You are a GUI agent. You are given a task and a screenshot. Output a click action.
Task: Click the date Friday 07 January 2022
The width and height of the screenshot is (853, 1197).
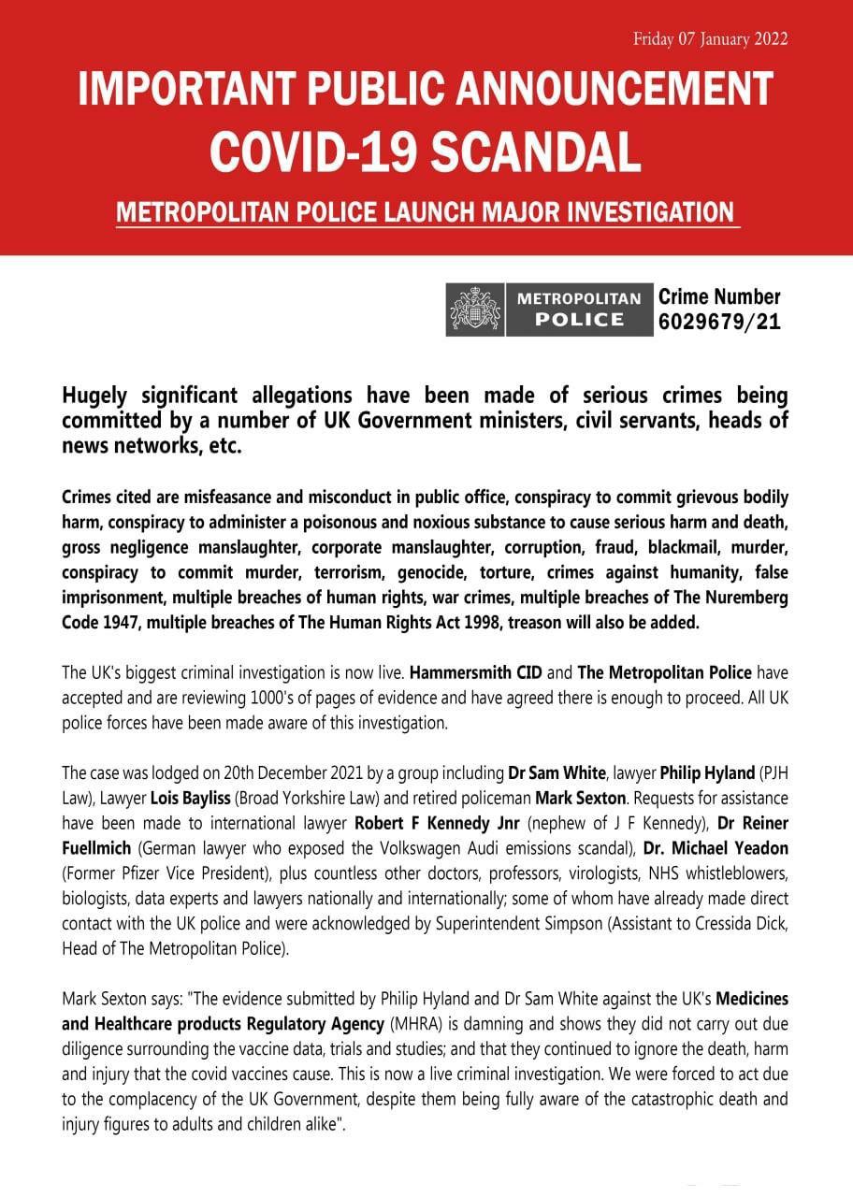coord(710,38)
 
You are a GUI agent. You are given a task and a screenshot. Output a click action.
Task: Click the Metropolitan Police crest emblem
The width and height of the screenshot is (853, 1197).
coord(474,309)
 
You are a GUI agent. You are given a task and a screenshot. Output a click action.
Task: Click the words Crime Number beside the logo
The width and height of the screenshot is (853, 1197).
coord(719,297)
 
